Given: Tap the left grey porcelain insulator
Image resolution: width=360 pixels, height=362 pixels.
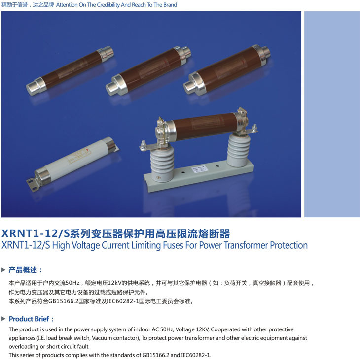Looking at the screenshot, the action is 162,164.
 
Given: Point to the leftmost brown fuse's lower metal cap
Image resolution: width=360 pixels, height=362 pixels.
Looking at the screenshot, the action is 36,86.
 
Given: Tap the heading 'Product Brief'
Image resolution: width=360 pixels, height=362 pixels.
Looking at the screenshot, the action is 29,319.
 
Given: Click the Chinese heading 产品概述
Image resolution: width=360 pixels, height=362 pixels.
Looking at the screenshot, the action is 23,270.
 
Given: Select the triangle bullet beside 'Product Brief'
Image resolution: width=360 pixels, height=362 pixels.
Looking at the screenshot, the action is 3,319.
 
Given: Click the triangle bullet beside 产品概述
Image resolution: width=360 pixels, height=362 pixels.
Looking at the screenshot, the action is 3,270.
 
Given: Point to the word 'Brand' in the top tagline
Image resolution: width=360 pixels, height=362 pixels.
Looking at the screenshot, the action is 170,5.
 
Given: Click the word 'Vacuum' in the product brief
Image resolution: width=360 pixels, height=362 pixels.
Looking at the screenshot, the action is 101,338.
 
